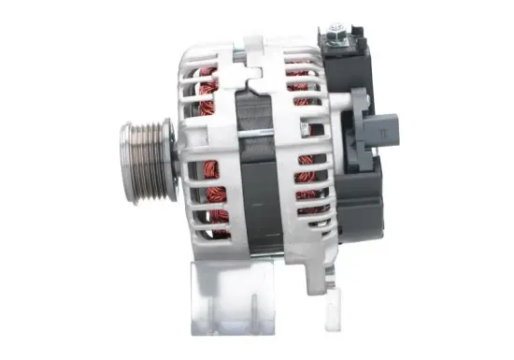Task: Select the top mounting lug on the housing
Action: coord(252,44)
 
